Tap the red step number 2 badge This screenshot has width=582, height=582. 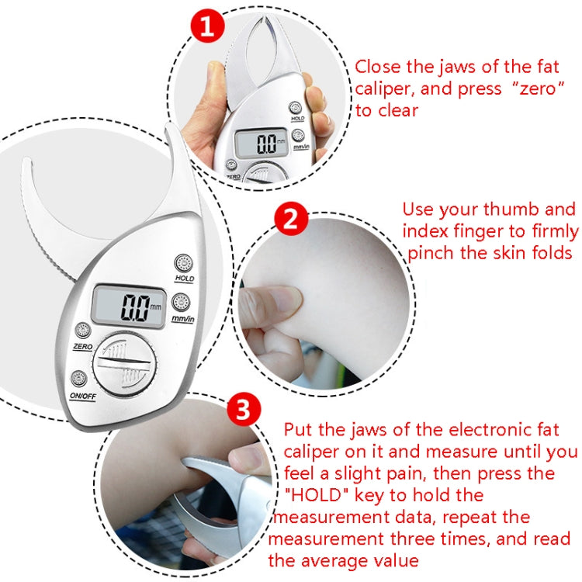pos(289,220)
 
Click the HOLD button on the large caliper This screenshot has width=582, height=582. pos(183,262)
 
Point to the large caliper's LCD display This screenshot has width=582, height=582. pos(130,306)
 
